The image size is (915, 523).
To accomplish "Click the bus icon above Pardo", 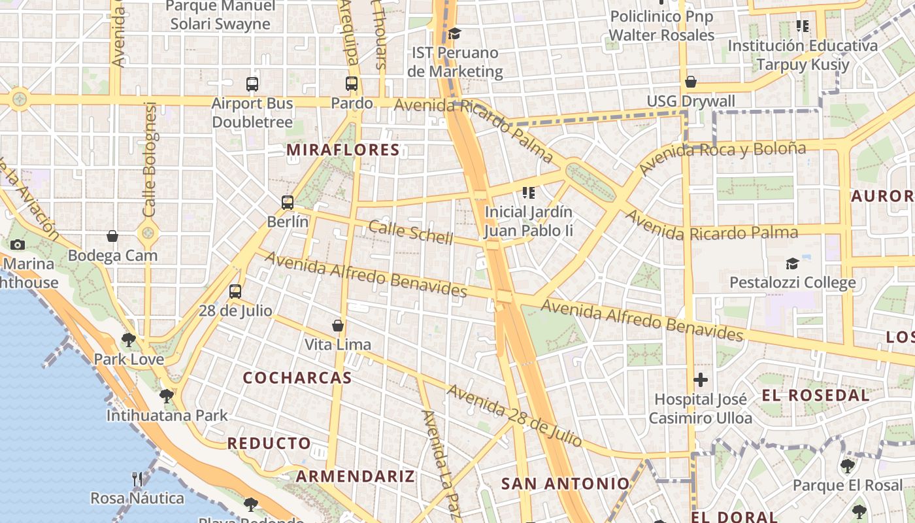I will [x=352, y=84].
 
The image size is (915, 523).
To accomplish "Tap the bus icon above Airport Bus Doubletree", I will [x=252, y=84].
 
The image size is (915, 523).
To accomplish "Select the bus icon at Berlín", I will [x=288, y=203].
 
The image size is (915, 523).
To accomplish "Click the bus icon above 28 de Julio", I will [x=235, y=292].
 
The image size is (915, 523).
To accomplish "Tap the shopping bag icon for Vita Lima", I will [x=338, y=326].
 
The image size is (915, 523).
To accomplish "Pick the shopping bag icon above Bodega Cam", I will [x=112, y=236].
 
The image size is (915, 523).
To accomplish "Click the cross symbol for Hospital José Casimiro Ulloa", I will [x=701, y=380].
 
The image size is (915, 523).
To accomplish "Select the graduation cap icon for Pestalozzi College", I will [x=792, y=264].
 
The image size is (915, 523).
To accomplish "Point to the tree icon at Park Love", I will [x=129, y=340].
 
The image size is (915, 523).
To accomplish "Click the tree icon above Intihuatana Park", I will [x=167, y=396].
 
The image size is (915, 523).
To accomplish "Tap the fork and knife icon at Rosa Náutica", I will [x=137, y=479].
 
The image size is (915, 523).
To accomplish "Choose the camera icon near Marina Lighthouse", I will [x=18, y=245].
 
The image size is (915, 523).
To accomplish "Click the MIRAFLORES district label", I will [x=343, y=150].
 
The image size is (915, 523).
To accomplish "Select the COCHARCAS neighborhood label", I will [x=297, y=378].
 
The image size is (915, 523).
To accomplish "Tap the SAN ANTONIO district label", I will [x=565, y=484].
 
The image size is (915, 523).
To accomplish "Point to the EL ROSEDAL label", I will [x=816, y=395].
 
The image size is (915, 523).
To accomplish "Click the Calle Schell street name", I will [x=410, y=232].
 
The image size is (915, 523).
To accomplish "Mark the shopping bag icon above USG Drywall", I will [x=691, y=82].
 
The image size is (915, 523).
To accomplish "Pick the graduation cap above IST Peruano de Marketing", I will [x=455, y=33].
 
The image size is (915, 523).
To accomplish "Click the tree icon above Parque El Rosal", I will [x=848, y=466].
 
